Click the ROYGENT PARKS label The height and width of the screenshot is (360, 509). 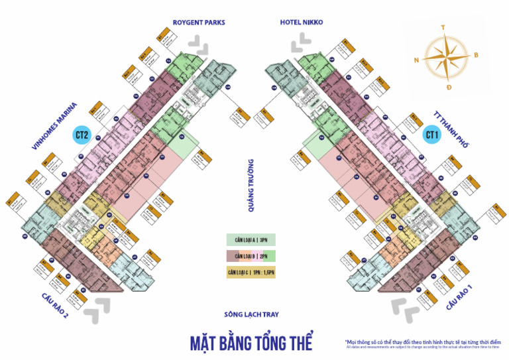pos(198,23)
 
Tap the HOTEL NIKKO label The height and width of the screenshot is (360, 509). pos(301,23)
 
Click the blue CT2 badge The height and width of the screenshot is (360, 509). pos(82,136)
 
